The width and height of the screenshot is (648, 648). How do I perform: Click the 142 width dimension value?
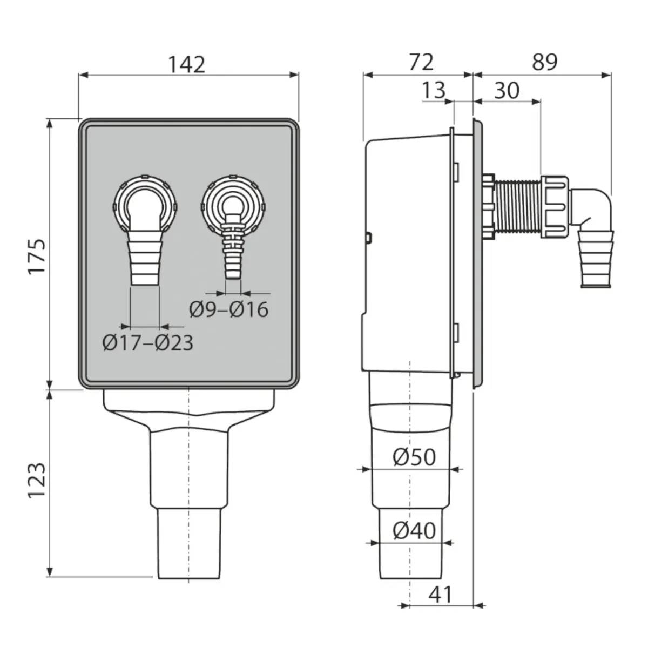(x=187, y=65)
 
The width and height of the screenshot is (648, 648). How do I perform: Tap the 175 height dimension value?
(x=37, y=256)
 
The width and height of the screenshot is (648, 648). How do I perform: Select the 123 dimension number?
(x=36, y=481)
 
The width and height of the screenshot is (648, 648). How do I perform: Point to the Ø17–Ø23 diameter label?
(x=148, y=343)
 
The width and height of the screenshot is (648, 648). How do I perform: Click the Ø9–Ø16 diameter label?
(x=229, y=309)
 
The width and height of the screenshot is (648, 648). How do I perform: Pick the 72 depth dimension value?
(x=421, y=62)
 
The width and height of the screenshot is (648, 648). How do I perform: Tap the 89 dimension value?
(x=545, y=62)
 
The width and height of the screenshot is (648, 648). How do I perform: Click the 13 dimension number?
(x=434, y=90)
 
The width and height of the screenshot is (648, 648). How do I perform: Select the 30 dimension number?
(x=507, y=90)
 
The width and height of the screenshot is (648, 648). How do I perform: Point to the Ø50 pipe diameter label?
(x=414, y=457)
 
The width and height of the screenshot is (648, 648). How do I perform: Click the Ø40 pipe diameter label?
(x=414, y=531)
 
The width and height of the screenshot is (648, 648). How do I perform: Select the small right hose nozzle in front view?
(x=233, y=246)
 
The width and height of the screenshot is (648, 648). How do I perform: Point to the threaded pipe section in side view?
(x=517, y=206)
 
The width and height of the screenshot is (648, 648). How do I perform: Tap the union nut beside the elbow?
(x=555, y=207)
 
